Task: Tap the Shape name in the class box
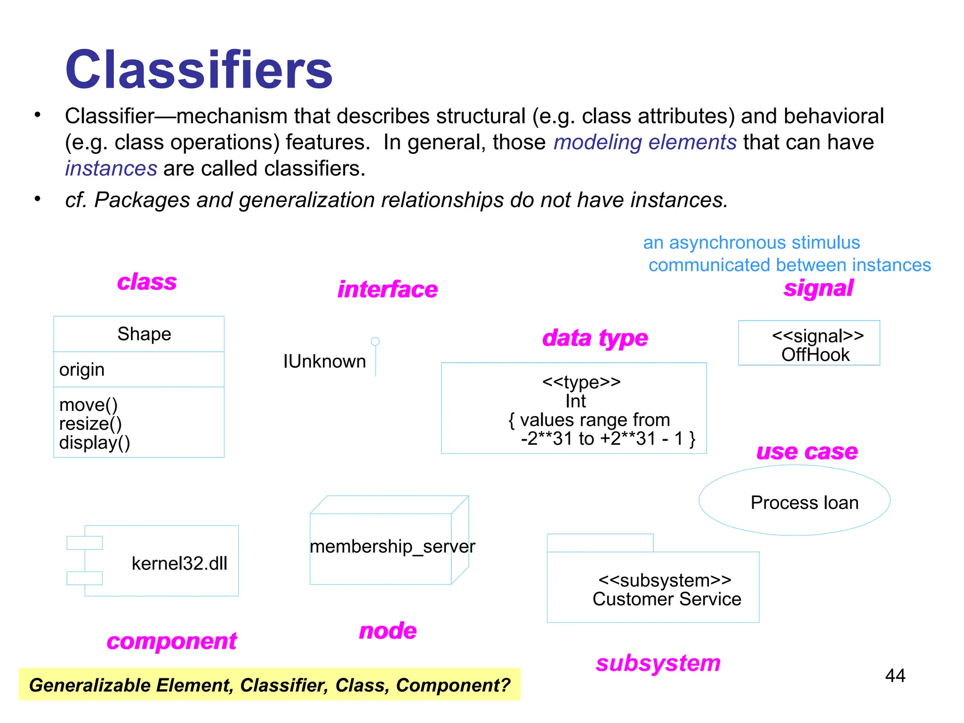click(x=144, y=334)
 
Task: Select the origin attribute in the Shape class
click(x=82, y=370)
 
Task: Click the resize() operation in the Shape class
click(x=90, y=424)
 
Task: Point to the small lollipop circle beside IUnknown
click(x=375, y=341)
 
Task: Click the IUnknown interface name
click(x=324, y=361)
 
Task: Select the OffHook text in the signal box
click(x=815, y=355)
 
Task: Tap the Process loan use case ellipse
click(x=795, y=500)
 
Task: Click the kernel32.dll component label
click(x=179, y=563)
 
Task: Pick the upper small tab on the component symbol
click(x=85, y=543)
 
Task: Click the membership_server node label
click(x=392, y=546)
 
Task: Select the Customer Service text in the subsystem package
click(x=667, y=599)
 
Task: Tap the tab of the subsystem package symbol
click(x=600, y=543)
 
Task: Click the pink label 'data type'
click(x=595, y=338)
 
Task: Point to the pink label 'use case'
click(x=807, y=452)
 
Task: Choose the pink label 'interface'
click(x=387, y=289)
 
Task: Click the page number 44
click(x=895, y=676)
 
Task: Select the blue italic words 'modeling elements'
click(x=645, y=142)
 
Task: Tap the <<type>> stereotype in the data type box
click(x=581, y=382)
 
